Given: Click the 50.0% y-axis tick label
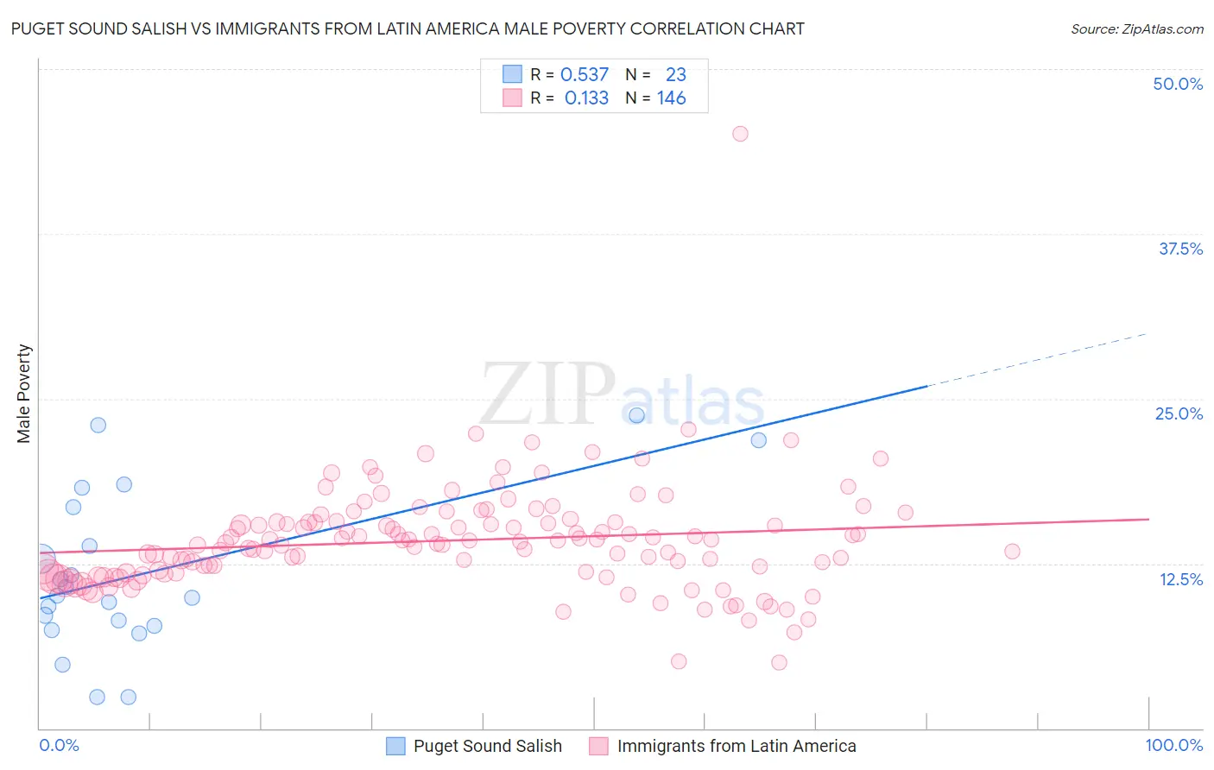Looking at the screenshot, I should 1178,84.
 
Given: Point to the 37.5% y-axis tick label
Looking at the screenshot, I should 1180,249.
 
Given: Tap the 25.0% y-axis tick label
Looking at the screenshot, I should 1179,413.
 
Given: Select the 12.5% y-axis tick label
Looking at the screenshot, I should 1180,579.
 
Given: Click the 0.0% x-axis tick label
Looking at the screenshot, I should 59,745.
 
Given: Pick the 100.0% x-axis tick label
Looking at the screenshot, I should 1173,745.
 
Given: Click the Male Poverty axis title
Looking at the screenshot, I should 24,394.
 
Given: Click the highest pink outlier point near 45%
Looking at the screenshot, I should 740,134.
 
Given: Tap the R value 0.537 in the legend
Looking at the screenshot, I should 585,75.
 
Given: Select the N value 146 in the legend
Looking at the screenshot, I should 671,98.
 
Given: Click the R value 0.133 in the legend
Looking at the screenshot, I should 586,98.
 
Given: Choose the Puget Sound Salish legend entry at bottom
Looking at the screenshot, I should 474,746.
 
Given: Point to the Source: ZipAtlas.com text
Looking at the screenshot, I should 1136,29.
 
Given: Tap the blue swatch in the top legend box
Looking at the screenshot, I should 512,74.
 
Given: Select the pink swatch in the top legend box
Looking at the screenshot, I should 512,98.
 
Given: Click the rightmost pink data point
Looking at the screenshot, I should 1012,551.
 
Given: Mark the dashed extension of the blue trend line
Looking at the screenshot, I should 1036,360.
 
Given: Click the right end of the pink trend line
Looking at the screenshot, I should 1148,519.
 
